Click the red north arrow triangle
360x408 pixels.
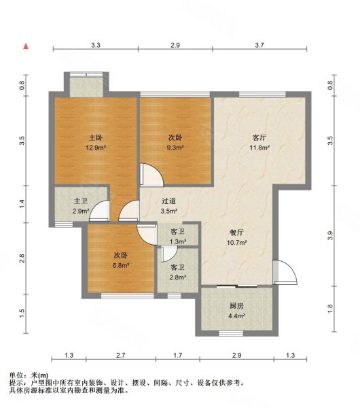(x=26, y=46)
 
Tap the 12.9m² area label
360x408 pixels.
(x=96, y=148)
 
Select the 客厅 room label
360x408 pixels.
(x=259, y=137)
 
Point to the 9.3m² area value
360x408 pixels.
(x=175, y=148)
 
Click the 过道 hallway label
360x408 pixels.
(x=168, y=201)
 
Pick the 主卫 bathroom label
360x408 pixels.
(x=81, y=201)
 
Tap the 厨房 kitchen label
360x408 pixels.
(x=236, y=306)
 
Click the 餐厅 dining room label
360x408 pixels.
(x=236, y=232)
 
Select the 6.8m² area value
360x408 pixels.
(x=121, y=266)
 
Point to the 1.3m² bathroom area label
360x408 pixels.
(x=178, y=241)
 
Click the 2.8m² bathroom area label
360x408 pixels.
(x=178, y=277)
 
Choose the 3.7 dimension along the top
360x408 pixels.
(x=259, y=46)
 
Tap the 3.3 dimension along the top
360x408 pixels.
(x=96, y=46)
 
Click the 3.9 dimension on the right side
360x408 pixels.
(x=330, y=236)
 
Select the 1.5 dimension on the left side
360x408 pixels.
(x=22, y=313)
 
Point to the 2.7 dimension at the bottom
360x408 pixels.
(x=121, y=355)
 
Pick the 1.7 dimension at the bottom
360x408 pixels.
(x=178, y=355)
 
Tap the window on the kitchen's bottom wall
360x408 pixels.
(x=231, y=333)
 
